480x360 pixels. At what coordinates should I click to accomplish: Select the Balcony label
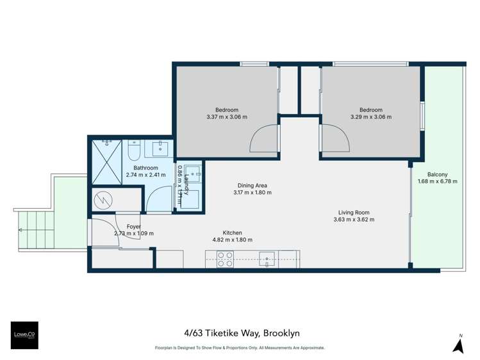point(438,174)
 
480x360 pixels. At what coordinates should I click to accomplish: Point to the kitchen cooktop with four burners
point(224,259)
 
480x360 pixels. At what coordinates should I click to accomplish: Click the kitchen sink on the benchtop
point(267,259)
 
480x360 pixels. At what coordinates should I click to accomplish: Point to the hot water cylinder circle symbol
point(103,200)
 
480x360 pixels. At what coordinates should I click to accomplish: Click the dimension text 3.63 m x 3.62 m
point(354,220)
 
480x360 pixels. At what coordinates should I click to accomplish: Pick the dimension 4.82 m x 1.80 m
point(232,240)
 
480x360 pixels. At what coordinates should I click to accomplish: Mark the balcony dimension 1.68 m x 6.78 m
point(438,181)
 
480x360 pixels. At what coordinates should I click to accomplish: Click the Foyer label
point(133,226)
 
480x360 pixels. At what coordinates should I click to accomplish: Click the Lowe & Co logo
point(24,334)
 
